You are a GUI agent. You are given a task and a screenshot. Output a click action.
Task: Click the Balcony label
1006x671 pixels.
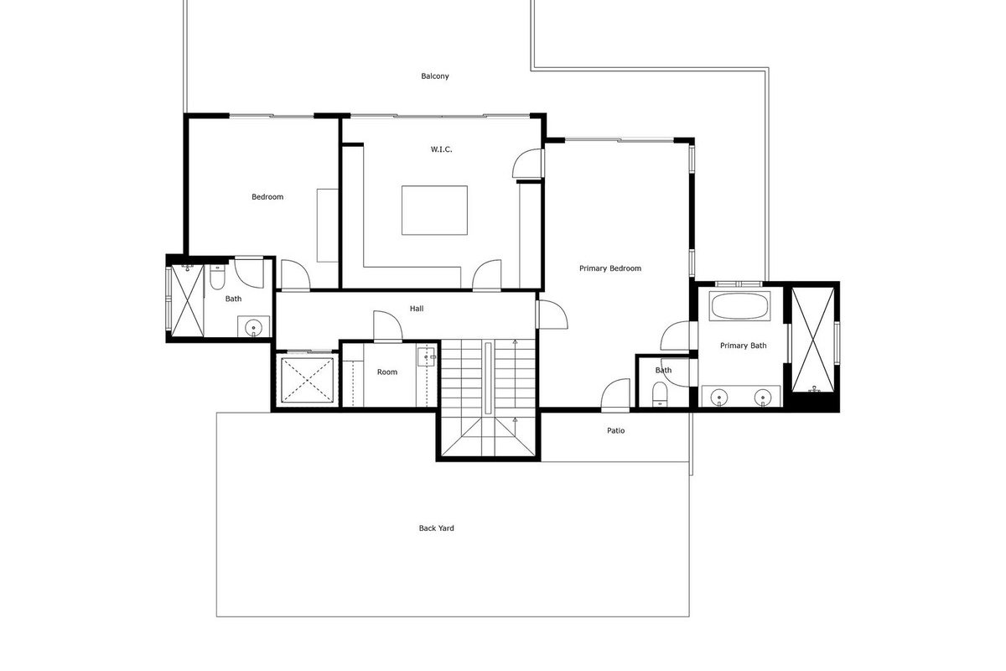[x=435, y=76]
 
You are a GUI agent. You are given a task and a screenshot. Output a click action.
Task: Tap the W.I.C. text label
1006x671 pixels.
[x=442, y=149]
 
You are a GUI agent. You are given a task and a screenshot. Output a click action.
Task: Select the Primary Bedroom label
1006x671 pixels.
[x=610, y=268]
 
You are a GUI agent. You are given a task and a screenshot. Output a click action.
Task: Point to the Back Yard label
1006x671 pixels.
[x=436, y=528]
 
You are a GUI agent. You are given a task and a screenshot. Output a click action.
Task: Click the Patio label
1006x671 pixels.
[x=615, y=430]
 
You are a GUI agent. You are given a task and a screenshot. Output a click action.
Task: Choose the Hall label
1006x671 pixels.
[x=417, y=309]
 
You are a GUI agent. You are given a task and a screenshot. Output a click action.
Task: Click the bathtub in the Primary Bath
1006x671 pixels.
[x=739, y=305]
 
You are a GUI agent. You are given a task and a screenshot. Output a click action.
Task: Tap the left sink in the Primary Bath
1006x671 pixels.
[x=719, y=398]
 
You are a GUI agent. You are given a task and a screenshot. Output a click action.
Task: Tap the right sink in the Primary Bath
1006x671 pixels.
[x=763, y=398]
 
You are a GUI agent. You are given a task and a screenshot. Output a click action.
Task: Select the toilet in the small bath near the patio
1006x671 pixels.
[x=659, y=393]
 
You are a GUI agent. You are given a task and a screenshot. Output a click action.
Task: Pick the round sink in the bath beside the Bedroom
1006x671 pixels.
[x=254, y=327]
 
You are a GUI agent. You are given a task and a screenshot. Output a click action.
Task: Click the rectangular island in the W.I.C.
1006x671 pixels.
[x=434, y=210]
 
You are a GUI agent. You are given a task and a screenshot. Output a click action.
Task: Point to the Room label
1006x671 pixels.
[x=387, y=372]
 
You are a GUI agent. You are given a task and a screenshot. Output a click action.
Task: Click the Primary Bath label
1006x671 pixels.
[x=744, y=346]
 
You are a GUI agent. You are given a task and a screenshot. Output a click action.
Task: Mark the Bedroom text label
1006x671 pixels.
[x=267, y=197]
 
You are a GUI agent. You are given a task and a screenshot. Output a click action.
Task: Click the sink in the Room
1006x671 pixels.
[x=426, y=356]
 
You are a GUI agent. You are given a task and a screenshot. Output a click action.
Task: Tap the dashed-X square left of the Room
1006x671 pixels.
[x=308, y=380]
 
